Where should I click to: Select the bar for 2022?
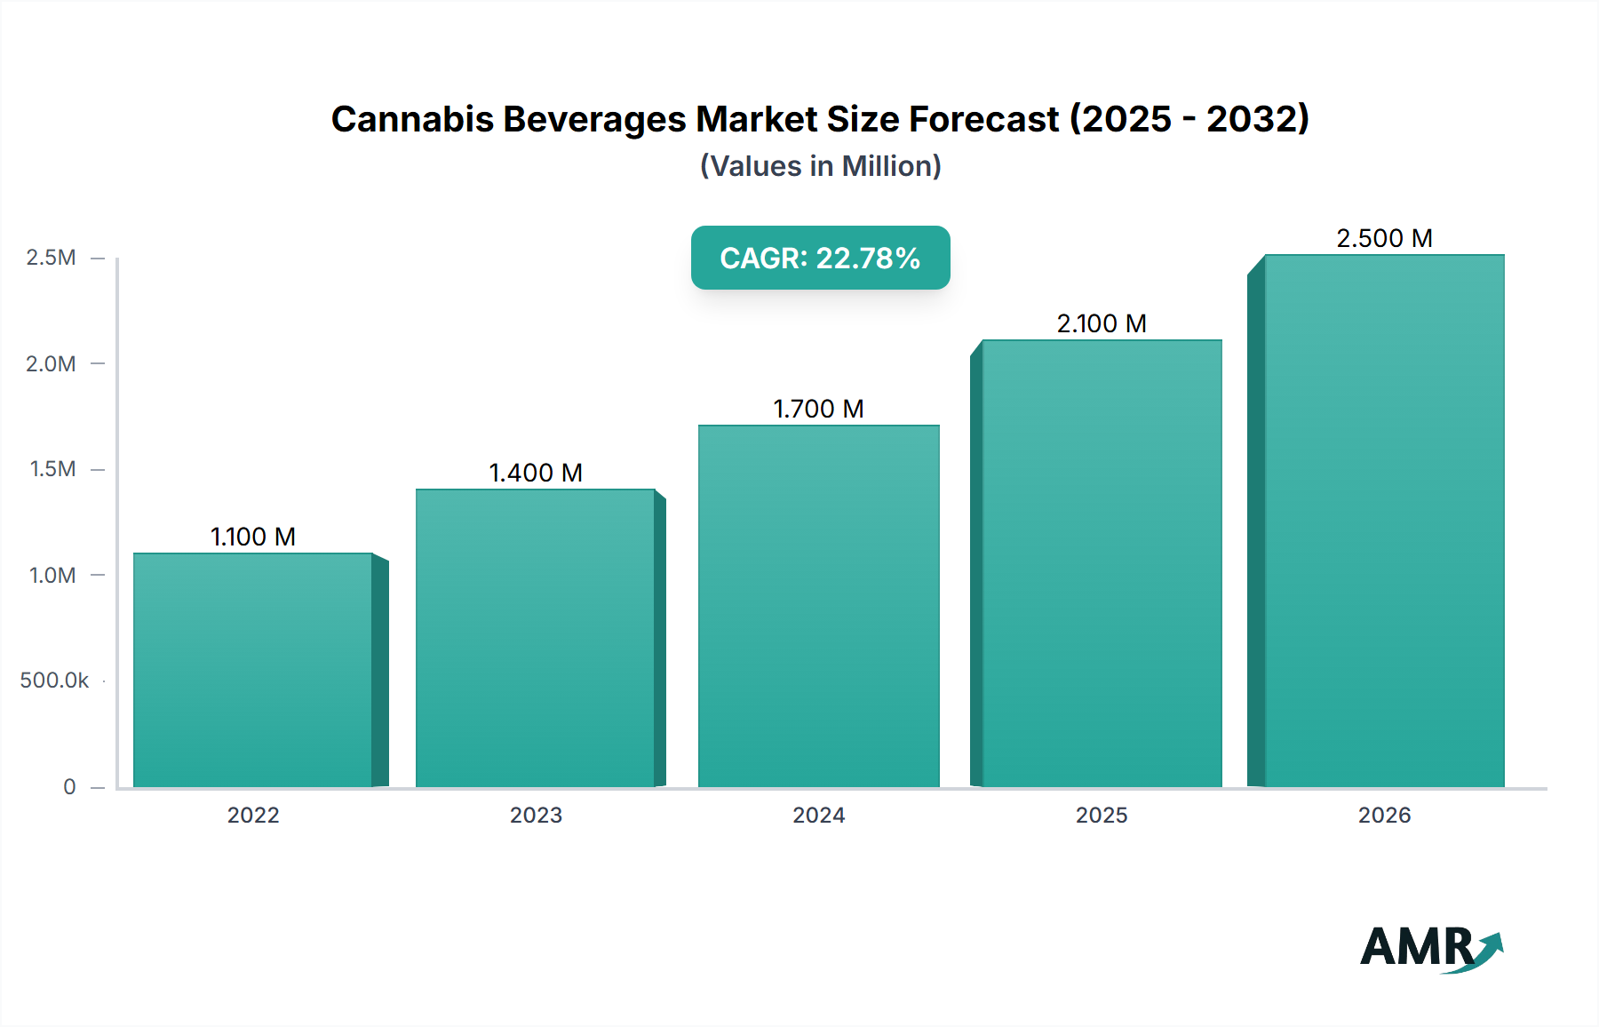click(253, 670)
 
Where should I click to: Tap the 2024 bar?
click(818, 606)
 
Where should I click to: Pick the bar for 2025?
click(1102, 563)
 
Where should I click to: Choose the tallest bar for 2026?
click(1384, 521)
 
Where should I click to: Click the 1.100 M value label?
click(253, 537)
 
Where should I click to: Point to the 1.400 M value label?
click(536, 473)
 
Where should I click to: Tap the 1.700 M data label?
click(818, 409)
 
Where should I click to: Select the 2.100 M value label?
click(1102, 323)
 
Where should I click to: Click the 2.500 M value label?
click(1384, 238)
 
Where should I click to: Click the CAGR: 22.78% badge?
click(820, 258)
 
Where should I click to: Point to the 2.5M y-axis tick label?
click(51, 258)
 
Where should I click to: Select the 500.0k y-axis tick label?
click(54, 681)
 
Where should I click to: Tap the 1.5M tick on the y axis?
click(52, 469)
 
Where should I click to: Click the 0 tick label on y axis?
click(69, 786)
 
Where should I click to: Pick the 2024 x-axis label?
click(818, 815)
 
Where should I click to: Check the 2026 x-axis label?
click(1384, 815)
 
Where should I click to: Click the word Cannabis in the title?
click(411, 119)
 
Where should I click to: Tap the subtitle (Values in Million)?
click(820, 166)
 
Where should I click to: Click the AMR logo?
click(1430, 948)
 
